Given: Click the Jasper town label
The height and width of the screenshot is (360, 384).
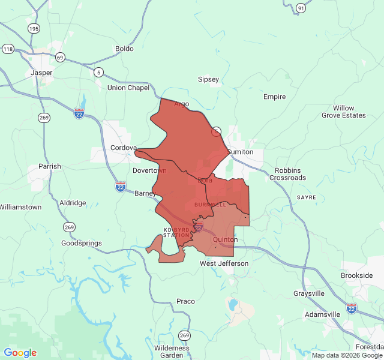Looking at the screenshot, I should tap(41, 73).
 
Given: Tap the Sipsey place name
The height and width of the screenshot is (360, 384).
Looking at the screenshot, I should tap(208, 79).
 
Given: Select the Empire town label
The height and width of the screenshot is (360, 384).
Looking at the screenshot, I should tap(274, 97).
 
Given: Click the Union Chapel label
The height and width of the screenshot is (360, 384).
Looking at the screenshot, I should tap(128, 88).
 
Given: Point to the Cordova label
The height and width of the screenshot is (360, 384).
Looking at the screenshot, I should tap(124, 148).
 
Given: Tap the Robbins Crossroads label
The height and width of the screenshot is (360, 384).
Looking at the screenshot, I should tap(288, 174).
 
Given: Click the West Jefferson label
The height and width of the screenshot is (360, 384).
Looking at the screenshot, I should tap(224, 263).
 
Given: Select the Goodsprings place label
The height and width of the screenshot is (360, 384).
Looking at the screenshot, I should tap(82, 243).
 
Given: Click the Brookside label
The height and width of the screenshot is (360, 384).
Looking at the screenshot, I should tap(356, 275).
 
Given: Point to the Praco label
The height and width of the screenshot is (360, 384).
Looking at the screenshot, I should tap(185, 301).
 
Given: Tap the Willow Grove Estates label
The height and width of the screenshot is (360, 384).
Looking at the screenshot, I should tap(343, 112).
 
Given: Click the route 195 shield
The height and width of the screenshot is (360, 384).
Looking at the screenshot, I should tap(34, 29).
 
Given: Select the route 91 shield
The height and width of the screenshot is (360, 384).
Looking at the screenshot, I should tap(301, 8).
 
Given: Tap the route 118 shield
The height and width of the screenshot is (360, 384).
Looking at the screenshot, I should tap(8, 49).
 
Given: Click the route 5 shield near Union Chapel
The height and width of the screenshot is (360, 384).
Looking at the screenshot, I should tap(98, 73).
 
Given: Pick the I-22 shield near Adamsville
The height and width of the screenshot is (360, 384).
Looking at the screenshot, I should tap(352, 308).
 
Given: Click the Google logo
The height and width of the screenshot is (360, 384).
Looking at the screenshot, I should tap(20, 353).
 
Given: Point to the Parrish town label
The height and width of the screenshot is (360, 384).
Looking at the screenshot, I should tap(50, 166).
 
